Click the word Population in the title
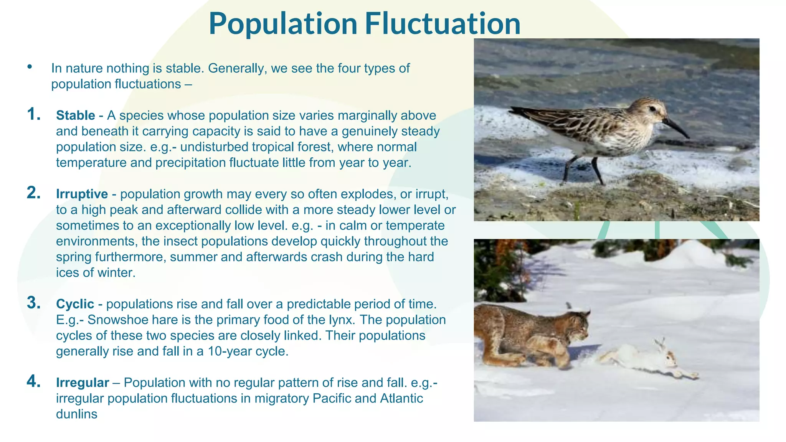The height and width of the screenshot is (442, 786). pyautogui.click(x=283, y=24)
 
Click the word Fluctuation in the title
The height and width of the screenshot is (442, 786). pyautogui.click(x=443, y=24)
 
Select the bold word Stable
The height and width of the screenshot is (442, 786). pyautogui.click(x=76, y=115)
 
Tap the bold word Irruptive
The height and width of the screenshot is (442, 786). pyautogui.click(x=82, y=194)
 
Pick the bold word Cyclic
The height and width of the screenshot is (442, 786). pyautogui.click(x=75, y=304)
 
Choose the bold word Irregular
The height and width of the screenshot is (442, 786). pyautogui.click(x=83, y=383)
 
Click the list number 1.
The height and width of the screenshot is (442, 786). pyautogui.click(x=34, y=114)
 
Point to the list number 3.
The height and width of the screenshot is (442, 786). pyautogui.click(x=34, y=303)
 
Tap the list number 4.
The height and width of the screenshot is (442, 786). pyautogui.click(x=34, y=381)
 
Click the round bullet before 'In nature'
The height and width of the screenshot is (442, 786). pyautogui.click(x=30, y=67)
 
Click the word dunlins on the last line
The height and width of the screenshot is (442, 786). pyautogui.click(x=76, y=414)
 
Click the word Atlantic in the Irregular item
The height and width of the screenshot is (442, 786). pyautogui.click(x=401, y=399)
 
